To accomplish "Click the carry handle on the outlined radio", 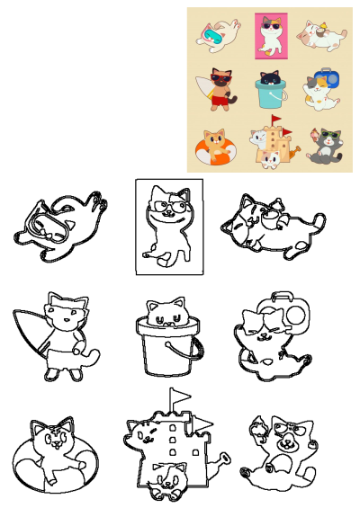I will (x=284, y=295).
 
